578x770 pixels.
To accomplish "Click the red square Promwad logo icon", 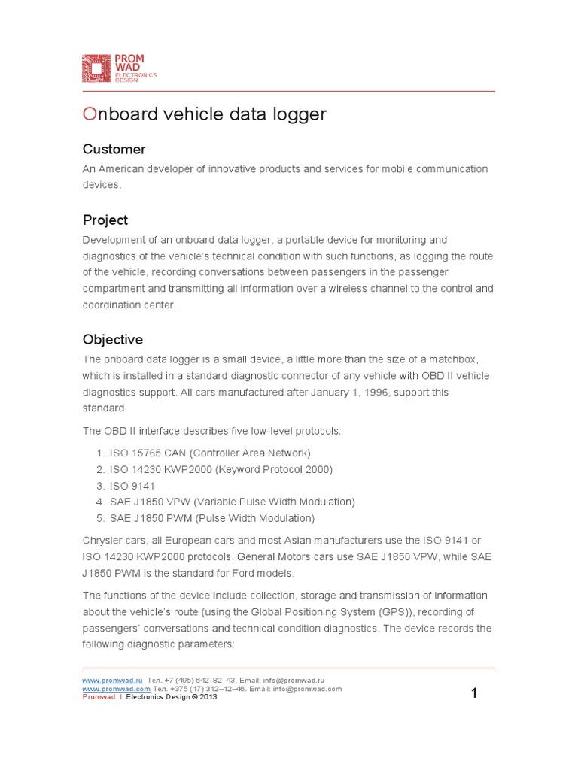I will (96, 68).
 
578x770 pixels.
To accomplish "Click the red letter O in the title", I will (90, 114).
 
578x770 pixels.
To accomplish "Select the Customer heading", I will (114, 149).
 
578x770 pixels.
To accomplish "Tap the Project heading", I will (105, 220).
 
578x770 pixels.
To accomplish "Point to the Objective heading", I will (112, 340).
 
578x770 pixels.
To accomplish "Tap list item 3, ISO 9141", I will (132, 486).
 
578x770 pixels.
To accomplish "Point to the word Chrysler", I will (101, 540).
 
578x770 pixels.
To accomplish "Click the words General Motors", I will (297, 556).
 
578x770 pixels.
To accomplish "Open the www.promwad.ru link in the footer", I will (112, 679).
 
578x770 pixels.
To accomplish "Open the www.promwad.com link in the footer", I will (116, 688).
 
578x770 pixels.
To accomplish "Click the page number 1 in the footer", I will (474, 693).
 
